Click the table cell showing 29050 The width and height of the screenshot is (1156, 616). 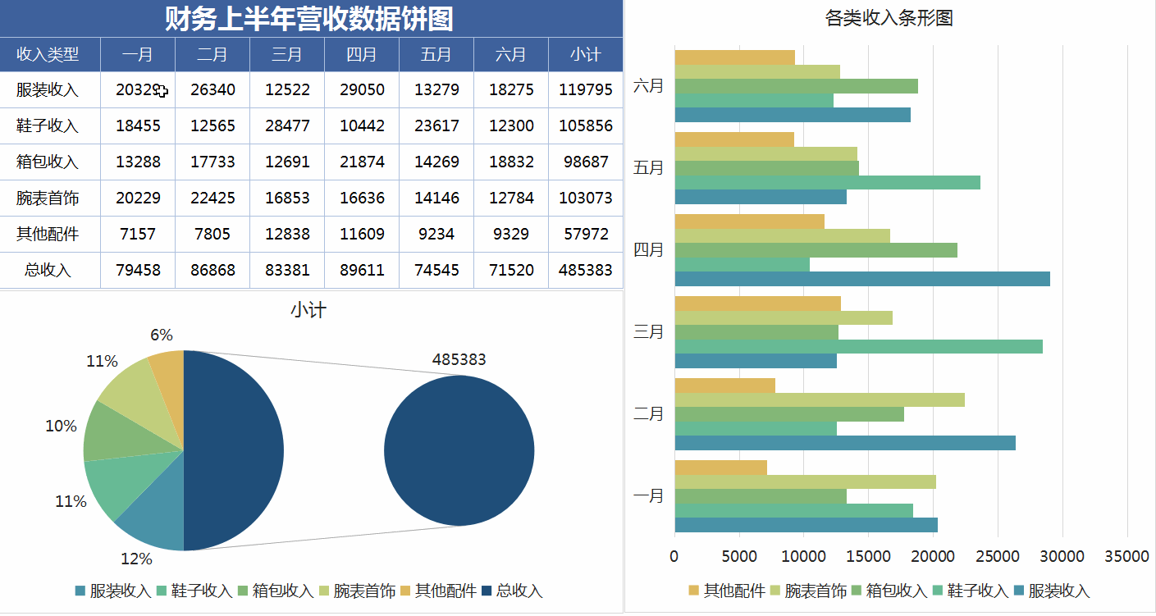(362, 89)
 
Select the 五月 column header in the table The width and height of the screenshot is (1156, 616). (436, 55)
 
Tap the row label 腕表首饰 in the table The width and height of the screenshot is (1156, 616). (48, 198)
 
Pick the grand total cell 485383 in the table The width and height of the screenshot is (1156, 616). (585, 270)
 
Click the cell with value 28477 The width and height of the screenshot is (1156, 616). (287, 125)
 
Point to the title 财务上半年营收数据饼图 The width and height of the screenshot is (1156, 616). (309, 18)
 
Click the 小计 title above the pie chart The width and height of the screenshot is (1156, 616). (308, 310)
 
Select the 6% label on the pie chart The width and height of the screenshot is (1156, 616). (162, 335)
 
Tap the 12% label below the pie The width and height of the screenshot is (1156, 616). (136, 559)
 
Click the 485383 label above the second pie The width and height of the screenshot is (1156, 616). (459, 359)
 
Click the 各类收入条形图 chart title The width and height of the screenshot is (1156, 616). (889, 18)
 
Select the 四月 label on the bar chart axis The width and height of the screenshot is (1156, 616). (648, 249)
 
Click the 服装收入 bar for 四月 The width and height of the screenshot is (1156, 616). (861, 279)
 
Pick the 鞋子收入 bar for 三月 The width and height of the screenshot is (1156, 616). (857, 346)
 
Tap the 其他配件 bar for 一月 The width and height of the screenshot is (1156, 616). (720, 468)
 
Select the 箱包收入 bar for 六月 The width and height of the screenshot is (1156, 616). (796, 86)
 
